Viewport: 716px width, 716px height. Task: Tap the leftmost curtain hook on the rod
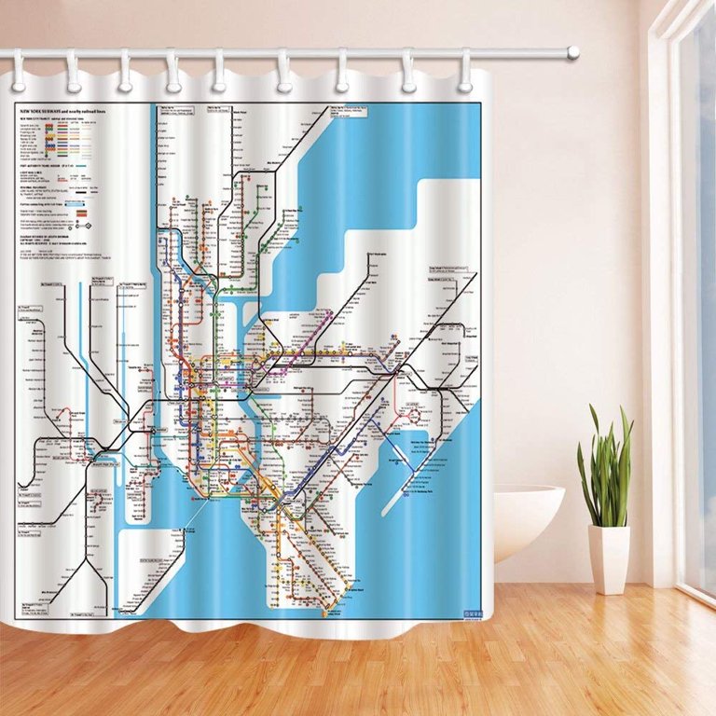pyautogui.click(x=18, y=69)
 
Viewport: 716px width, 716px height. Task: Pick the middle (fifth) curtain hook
pyautogui.click(x=220, y=69)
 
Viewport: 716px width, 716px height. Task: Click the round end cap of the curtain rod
pyautogui.click(x=572, y=52)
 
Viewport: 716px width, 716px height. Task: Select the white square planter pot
pyautogui.click(x=609, y=559)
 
